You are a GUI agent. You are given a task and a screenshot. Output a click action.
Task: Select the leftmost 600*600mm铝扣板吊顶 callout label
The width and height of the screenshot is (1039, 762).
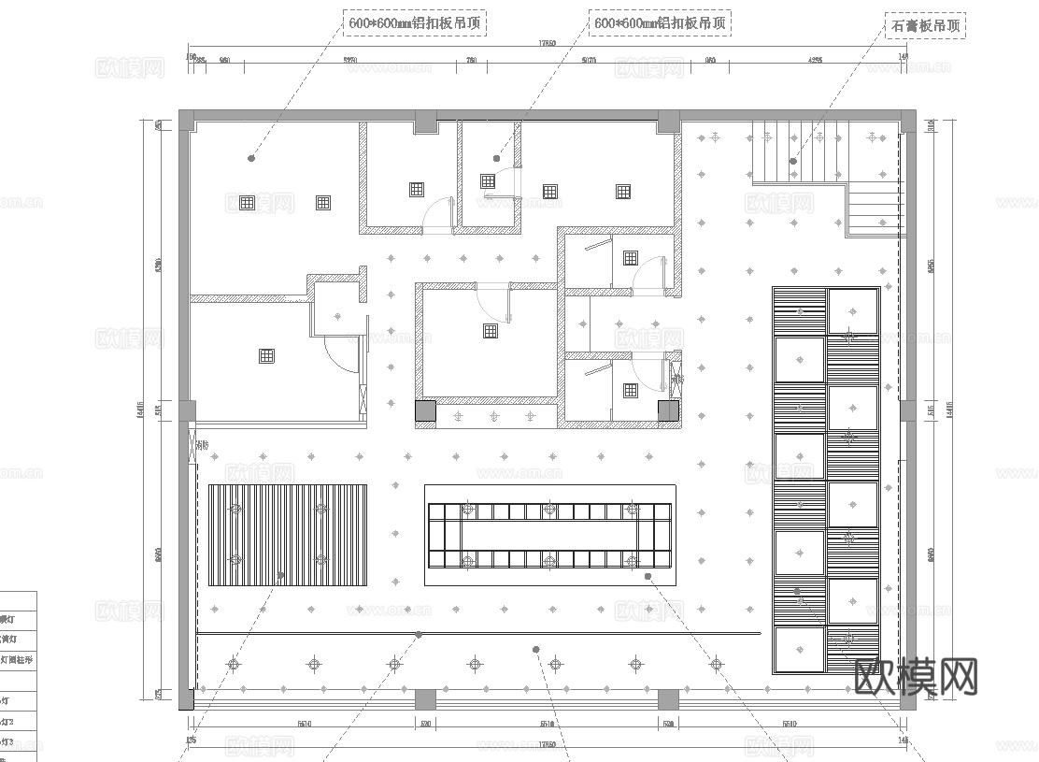pyautogui.click(x=416, y=23)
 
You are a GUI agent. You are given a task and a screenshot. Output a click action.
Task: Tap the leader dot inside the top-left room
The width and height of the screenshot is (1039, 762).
pyautogui.click(x=251, y=158)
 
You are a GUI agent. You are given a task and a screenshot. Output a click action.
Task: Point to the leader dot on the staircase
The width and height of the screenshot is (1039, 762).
pyautogui.click(x=793, y=161)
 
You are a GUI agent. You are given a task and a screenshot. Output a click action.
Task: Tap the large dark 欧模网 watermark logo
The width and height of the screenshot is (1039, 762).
pyautogui.click(x=917, y=676)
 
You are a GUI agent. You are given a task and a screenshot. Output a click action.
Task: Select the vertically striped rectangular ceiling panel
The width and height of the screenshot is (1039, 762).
pyautogui.click(x=287, y=535)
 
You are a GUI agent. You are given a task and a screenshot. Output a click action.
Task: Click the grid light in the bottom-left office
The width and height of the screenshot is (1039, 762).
pyautogui.click(x=266, y=355)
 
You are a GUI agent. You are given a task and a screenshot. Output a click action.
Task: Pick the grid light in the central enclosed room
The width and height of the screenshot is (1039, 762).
pyautogui.click(x=490, y=329)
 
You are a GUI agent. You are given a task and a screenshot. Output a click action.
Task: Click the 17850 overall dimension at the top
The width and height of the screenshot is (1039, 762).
pyautogui.click(x=547, y=44)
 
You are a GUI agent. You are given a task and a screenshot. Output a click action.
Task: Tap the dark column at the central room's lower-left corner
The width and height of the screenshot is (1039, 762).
pyautogui.click(x=425, y=410)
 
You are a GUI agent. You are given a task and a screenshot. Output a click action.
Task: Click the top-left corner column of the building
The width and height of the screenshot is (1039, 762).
pyautogui.click(x=187, y=119)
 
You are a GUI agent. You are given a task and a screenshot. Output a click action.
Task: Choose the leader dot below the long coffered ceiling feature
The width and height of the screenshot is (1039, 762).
pyautogui.click(x=648, y=577)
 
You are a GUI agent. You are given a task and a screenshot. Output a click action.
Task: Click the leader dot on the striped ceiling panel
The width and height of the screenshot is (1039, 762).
pyautogui.click(x=279, y=577)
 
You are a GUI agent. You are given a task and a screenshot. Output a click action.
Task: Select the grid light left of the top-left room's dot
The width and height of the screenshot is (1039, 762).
pyautogui.click(x=247, y=202)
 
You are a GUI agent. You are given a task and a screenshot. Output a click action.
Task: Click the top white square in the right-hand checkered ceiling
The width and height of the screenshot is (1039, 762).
pyautogui.click(x=853, y=310)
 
